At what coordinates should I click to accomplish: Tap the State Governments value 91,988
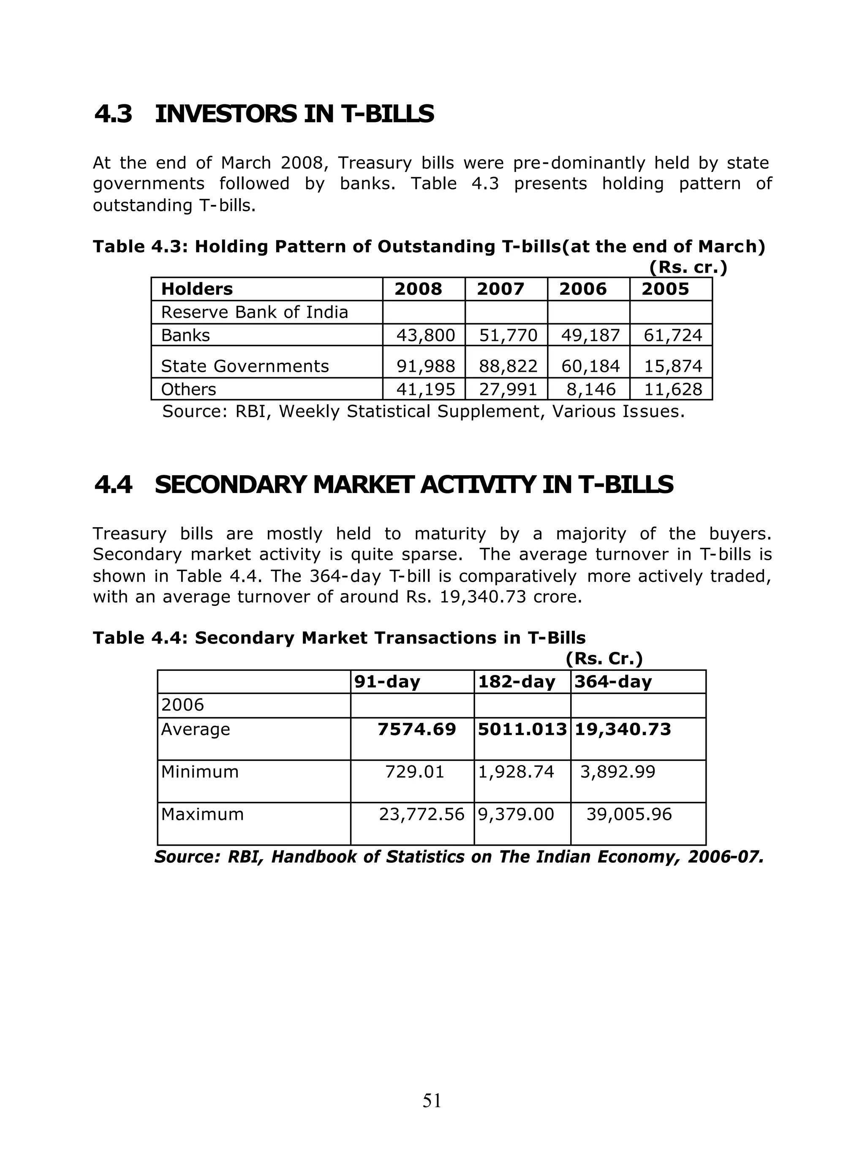click(425, 366)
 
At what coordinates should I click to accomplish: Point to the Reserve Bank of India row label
click(254, 312)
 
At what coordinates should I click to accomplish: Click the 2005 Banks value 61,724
click(673, 335)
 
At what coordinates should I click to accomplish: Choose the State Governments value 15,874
click(673, 366)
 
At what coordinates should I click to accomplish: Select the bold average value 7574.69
click(417, 730)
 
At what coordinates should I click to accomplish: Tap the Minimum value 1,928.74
click(516, 772)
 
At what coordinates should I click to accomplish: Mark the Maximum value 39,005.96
click(629, 814)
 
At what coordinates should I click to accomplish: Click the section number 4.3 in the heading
click(113, 114)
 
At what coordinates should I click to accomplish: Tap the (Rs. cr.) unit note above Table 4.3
click(688, 267)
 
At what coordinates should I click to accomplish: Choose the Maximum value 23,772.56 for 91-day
click(422, 814)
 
